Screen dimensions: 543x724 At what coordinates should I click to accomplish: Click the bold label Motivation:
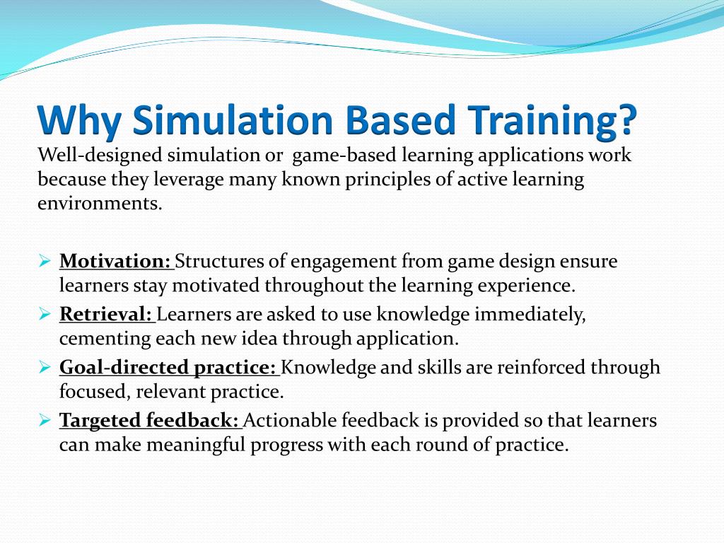[116, 262]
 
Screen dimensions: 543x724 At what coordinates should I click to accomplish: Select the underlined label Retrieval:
[107, 315]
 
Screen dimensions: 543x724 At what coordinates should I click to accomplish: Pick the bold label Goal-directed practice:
[169, 368]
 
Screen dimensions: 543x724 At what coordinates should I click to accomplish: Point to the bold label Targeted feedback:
[150, 421]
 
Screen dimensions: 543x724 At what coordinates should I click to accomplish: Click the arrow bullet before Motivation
[44, 262]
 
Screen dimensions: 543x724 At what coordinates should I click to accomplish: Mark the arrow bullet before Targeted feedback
[44, 421]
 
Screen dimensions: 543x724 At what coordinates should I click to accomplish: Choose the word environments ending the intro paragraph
[99, 204]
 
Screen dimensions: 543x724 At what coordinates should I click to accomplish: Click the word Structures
[220, 262]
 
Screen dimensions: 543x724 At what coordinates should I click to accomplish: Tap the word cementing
[103, 339]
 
